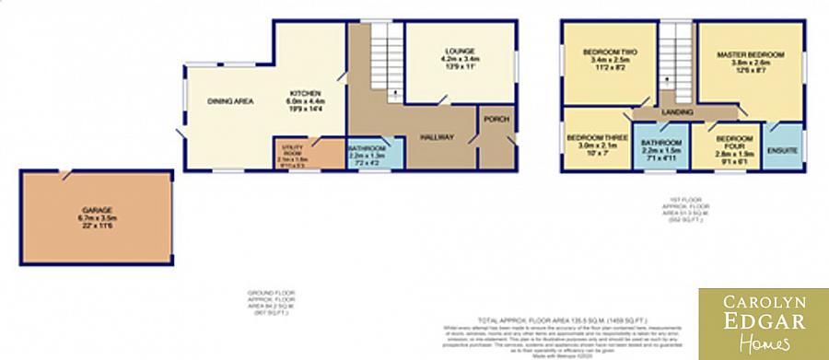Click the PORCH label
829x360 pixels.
pos(496,119)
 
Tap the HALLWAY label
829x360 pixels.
pos(436,137)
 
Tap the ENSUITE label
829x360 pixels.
pos(782,149)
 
